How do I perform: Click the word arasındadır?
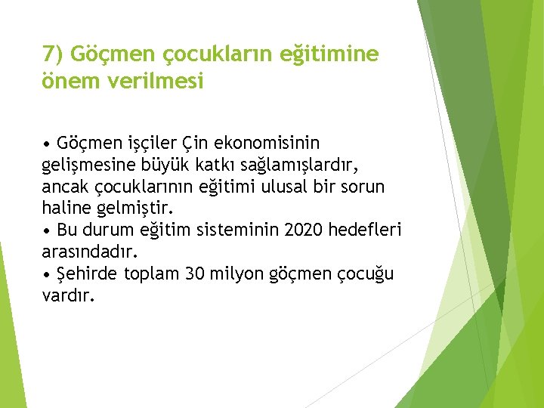click(x=89, y=251)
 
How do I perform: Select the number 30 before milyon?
click(x=194, y=273)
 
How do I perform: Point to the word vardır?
click(x=69, y=295)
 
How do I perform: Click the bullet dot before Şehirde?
click(x=47, y=274)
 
